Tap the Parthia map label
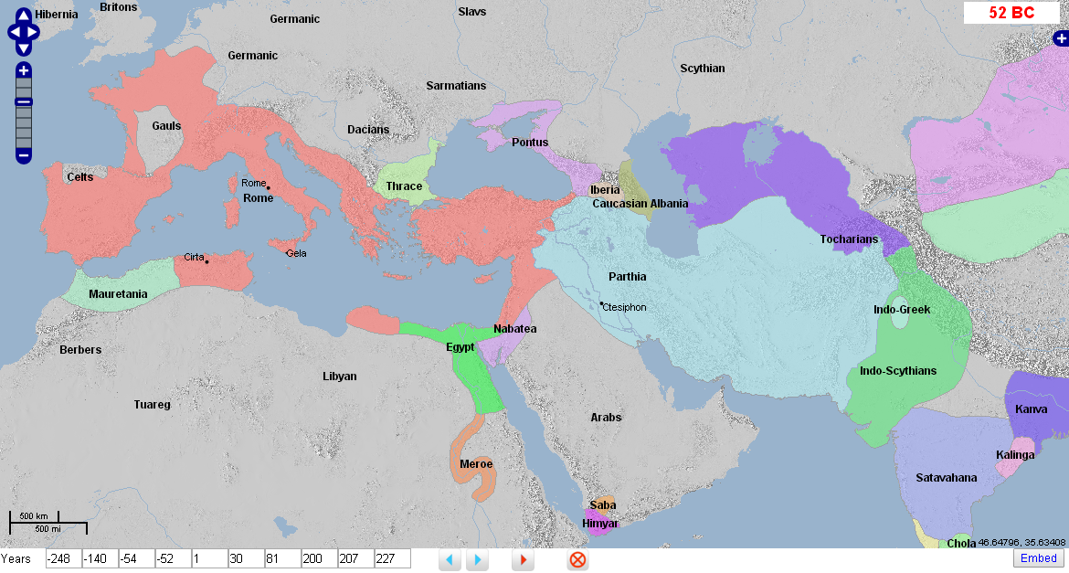pos(628,277)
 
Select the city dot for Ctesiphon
pos(601,303)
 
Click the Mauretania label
pos(118,294)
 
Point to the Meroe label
pos(476,463)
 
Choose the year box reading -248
pos(63,558)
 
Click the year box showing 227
pos(392,558)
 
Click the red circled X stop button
pos(577,559)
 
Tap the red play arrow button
pos(524,559)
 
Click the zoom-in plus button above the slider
pos(24,70)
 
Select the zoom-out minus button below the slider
pos(24,155)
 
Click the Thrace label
pos(404,186)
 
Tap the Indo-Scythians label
pos(898,371)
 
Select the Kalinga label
pos(1015,455)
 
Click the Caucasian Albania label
pos(640,204)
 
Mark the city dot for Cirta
pos(207,262)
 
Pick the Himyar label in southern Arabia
pos(600,524)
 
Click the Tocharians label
pos(849,239)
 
